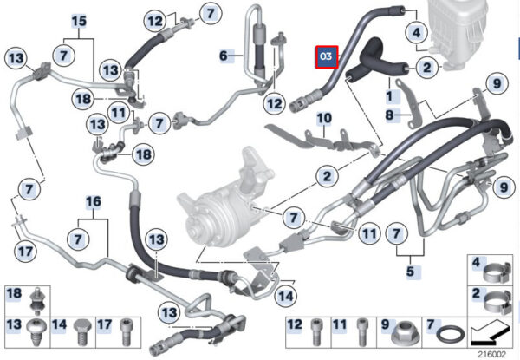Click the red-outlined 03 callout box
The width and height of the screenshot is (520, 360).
point(327,57)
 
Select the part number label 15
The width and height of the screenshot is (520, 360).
point(79,21)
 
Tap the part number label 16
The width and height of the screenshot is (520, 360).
point(94,202)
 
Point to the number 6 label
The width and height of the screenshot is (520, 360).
point(224,56)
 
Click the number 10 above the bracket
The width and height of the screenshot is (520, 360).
point(324,118)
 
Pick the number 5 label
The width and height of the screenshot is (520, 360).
point(410,272)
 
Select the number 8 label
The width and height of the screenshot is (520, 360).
point(390,115)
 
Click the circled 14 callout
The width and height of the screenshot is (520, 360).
point(286,296)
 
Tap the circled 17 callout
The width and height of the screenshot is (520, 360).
point(25,252)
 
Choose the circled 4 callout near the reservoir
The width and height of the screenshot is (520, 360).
point(417,32)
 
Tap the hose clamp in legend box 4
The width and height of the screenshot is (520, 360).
point(497,273)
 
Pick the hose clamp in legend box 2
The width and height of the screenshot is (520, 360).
point(497,302)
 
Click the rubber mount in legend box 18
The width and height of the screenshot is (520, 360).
point(37,301)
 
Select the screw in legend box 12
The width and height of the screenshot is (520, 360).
point(316,332)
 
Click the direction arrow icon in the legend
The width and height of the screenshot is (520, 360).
point(491,334)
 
